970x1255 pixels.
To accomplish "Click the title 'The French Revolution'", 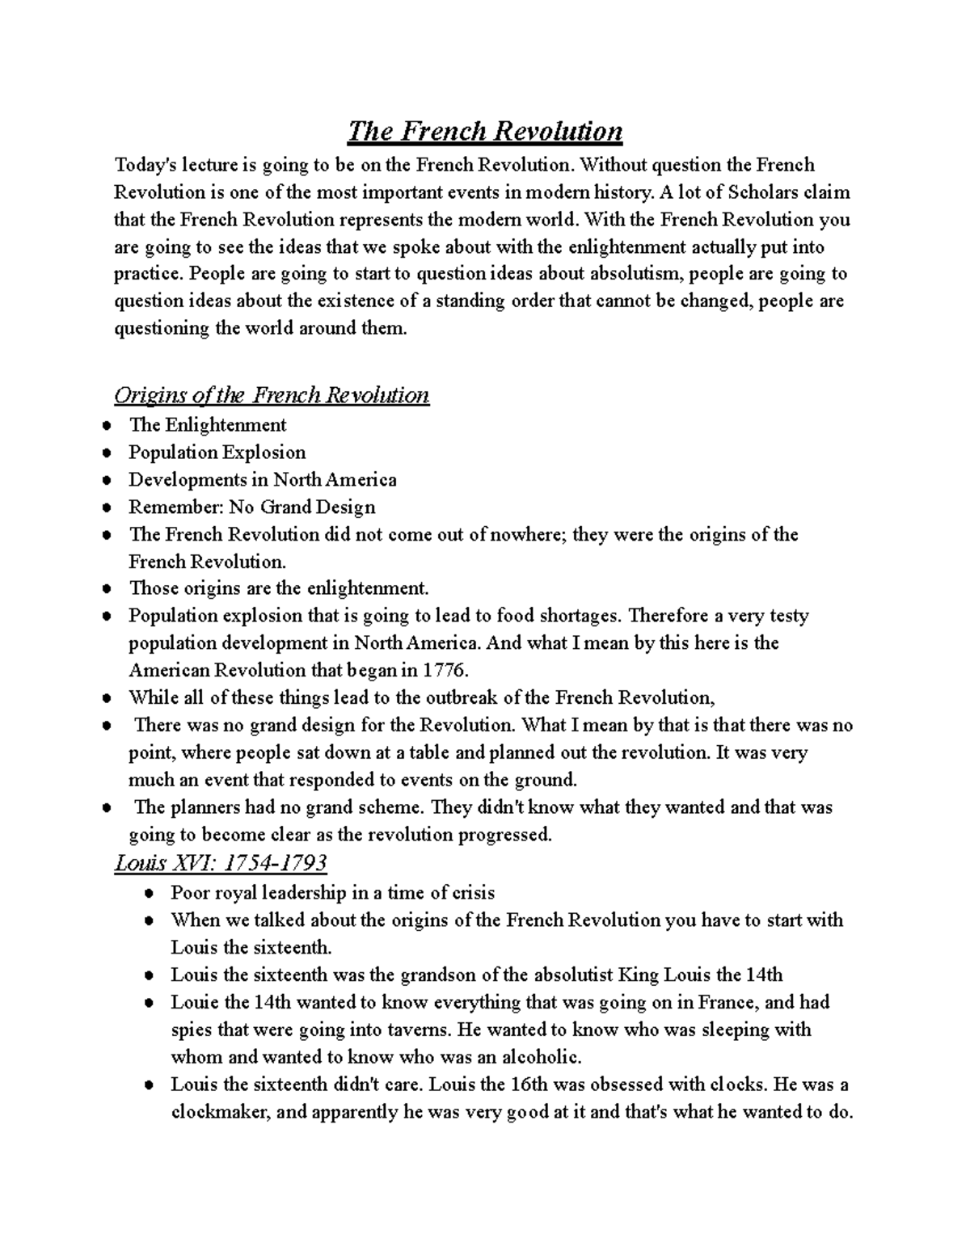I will click(485, 131).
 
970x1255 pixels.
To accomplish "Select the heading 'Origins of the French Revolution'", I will click(272, 395).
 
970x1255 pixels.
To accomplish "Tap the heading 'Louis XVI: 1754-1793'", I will click(221, 863).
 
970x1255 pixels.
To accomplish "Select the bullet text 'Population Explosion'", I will click(217, 453).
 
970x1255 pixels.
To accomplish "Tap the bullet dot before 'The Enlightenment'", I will click(107, 426).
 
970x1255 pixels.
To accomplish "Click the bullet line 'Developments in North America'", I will click(262, 480).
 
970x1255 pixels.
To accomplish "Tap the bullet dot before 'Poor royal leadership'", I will click(149, 894).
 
